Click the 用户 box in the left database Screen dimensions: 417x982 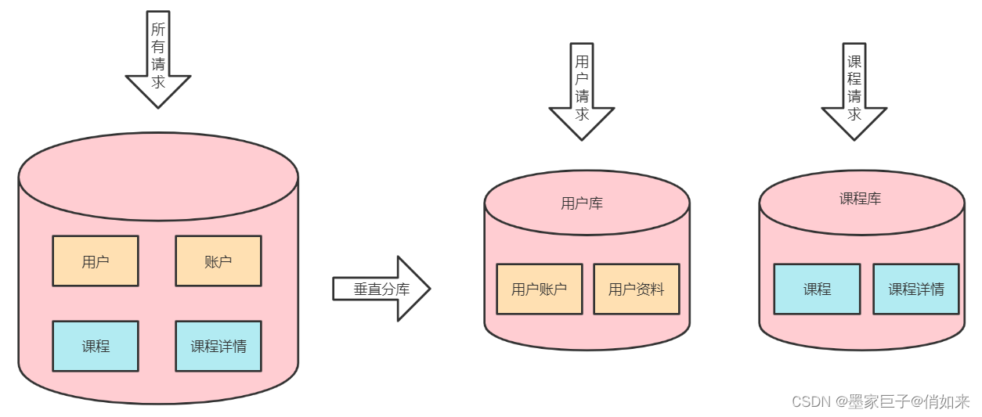(x=96, y=261)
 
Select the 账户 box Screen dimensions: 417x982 (x=218, y=261)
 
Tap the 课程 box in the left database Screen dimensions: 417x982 (x=96, y=346)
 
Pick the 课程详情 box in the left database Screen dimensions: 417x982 (x=218, y=346)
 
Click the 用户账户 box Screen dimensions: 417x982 (x=539, y=289)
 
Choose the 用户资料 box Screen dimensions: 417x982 (x=636, y=289)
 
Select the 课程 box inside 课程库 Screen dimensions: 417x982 (x=817, y=289)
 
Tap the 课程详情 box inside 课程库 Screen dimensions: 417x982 (x=915, y=289)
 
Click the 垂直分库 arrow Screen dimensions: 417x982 (x=381, y=289)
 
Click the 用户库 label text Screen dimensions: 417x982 (x=582, y=203)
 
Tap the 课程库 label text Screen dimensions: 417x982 (x=860, y=199)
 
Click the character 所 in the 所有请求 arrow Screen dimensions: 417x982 (x=158, y=30)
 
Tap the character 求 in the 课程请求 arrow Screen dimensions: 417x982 (x=854, y=114)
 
